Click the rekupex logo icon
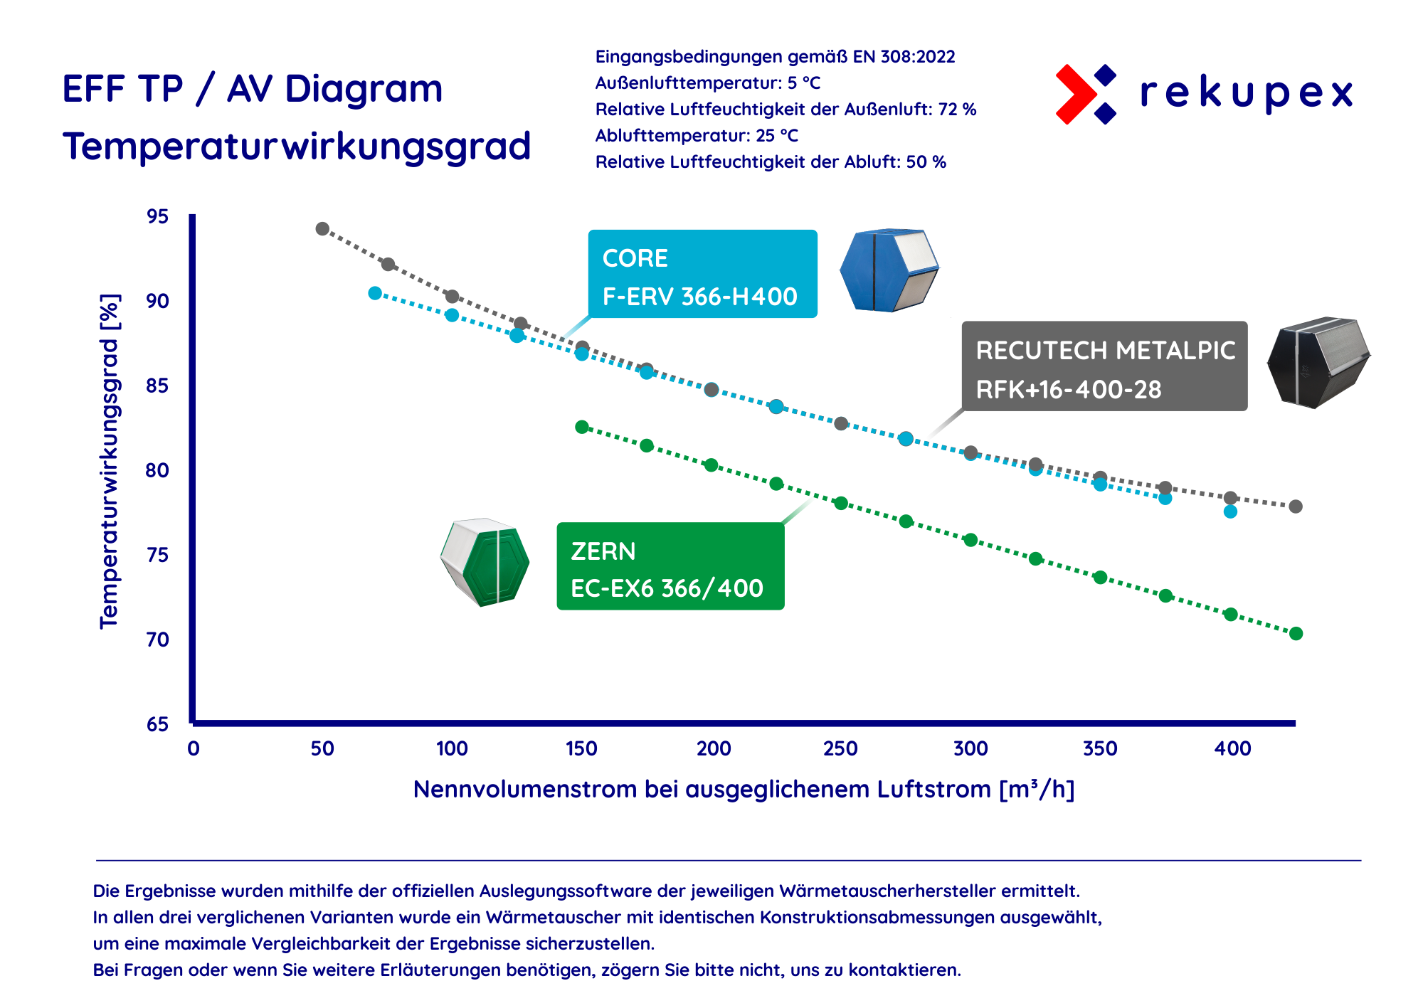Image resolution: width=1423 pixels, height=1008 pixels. tap(1085, 94)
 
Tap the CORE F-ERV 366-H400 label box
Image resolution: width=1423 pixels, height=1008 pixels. tap(702, 274)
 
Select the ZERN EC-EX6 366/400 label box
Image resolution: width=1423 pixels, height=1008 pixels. tap(670, 566)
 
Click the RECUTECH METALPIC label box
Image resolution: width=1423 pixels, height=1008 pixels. tap(1104, 366)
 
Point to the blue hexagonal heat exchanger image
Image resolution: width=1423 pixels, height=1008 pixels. tap(889, 270)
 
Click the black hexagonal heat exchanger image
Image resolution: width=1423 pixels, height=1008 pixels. tap(1318, 363)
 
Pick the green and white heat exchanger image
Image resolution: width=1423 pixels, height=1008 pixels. tap(485, 562)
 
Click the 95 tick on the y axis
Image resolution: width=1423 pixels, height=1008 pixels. tap(158, 216)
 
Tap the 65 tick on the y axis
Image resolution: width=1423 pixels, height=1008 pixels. tap(158, 724)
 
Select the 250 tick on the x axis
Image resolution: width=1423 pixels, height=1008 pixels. tap(840, 748)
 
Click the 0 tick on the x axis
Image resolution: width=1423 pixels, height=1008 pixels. tap(194, 748)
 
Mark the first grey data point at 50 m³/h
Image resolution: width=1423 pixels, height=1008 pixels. tap(322, 228)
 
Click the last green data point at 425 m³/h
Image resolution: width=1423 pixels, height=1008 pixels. tap(1296, 633)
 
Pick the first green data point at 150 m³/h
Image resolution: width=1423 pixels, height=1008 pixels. tap(582, 427)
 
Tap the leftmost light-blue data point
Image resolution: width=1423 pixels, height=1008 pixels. tap(375, 293)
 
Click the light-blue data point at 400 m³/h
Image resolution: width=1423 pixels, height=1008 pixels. tap(1230, 511)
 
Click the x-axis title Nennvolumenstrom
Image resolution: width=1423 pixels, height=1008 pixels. tap(743, 790)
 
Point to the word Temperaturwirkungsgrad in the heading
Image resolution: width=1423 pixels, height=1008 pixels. tap(297, 147)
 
